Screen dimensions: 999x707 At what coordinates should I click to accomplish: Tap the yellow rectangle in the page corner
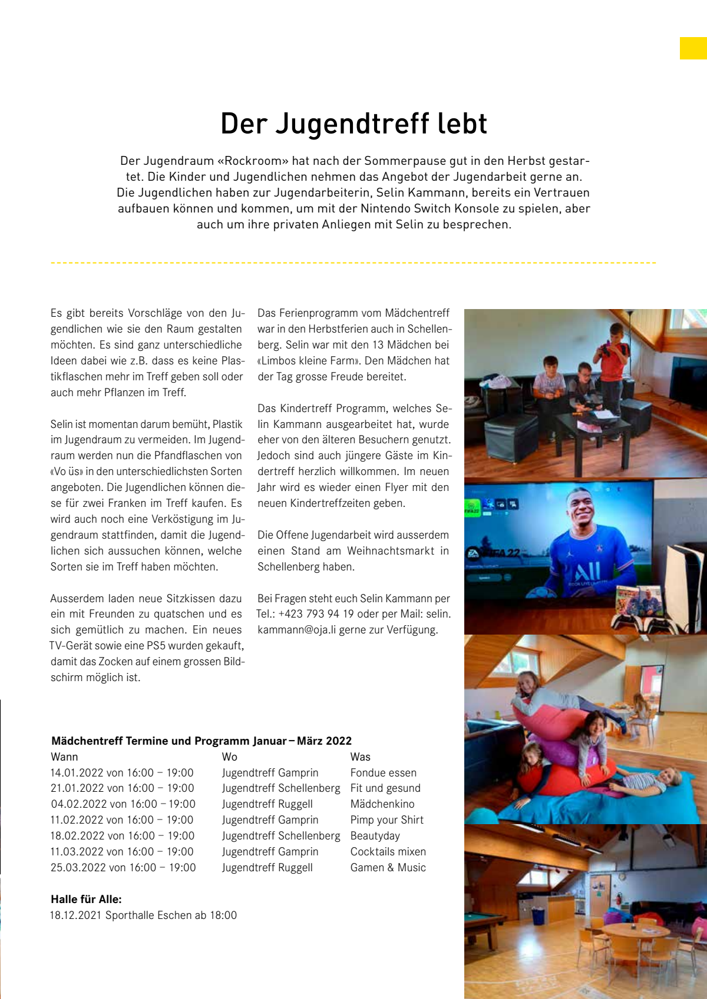pos(693,48)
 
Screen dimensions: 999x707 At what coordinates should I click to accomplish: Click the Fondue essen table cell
pos(383,772)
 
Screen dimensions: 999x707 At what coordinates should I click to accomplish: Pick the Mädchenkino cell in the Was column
pos(382,804)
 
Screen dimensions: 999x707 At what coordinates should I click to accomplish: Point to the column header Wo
pos(229,757)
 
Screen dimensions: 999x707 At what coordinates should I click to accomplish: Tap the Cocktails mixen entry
pos(388,852)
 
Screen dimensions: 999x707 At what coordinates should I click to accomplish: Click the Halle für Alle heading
pos(86,899)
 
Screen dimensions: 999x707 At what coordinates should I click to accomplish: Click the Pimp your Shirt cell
pos(386,820)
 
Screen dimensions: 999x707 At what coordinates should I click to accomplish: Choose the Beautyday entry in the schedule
pos(375,836)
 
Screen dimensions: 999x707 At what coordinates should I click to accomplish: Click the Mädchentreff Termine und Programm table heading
pos(201,741)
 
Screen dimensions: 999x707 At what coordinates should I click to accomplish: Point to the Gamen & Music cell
pos(388,868)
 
